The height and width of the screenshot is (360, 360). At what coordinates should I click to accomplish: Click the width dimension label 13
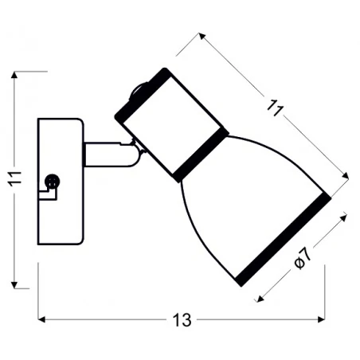[182, 320]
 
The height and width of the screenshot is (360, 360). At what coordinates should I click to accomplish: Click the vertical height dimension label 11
[14, 179]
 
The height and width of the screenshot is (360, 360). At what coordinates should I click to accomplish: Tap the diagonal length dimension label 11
[276, 108]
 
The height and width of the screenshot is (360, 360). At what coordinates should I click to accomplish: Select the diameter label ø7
[303, 258]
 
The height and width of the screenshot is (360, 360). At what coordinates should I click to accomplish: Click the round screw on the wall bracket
[53, 182]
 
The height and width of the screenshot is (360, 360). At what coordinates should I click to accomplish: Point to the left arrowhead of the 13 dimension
[41, 319]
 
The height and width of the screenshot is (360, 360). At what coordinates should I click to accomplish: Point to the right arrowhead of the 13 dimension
[322, 319]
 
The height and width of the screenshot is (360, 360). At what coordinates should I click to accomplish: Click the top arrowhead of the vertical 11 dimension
[14, 75]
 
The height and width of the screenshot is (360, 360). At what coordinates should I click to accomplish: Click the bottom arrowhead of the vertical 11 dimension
[14, 285]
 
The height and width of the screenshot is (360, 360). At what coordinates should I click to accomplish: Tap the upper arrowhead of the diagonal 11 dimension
[202, 36]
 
